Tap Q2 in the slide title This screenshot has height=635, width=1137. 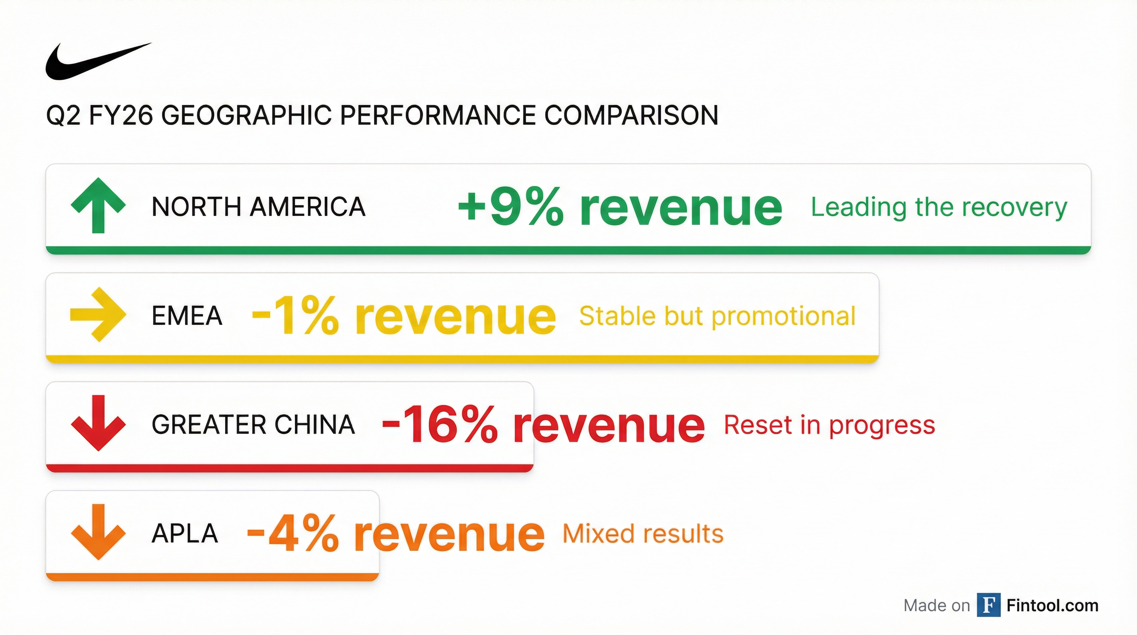point(64,116)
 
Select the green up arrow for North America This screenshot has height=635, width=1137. point(98,205)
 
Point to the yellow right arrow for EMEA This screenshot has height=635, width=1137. point(98,315)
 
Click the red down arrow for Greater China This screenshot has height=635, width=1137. point(98,423)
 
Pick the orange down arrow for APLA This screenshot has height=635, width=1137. point(98,532)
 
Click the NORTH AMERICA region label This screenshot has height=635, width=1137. point(259,207)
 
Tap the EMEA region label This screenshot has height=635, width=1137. point(187,316)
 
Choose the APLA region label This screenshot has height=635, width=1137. point(185,533)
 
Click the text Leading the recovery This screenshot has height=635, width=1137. point(939,208)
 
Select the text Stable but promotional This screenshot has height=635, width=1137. point(717,316)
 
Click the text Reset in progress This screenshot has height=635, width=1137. point(829,425)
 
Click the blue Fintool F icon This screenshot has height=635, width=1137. point(989,605)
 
